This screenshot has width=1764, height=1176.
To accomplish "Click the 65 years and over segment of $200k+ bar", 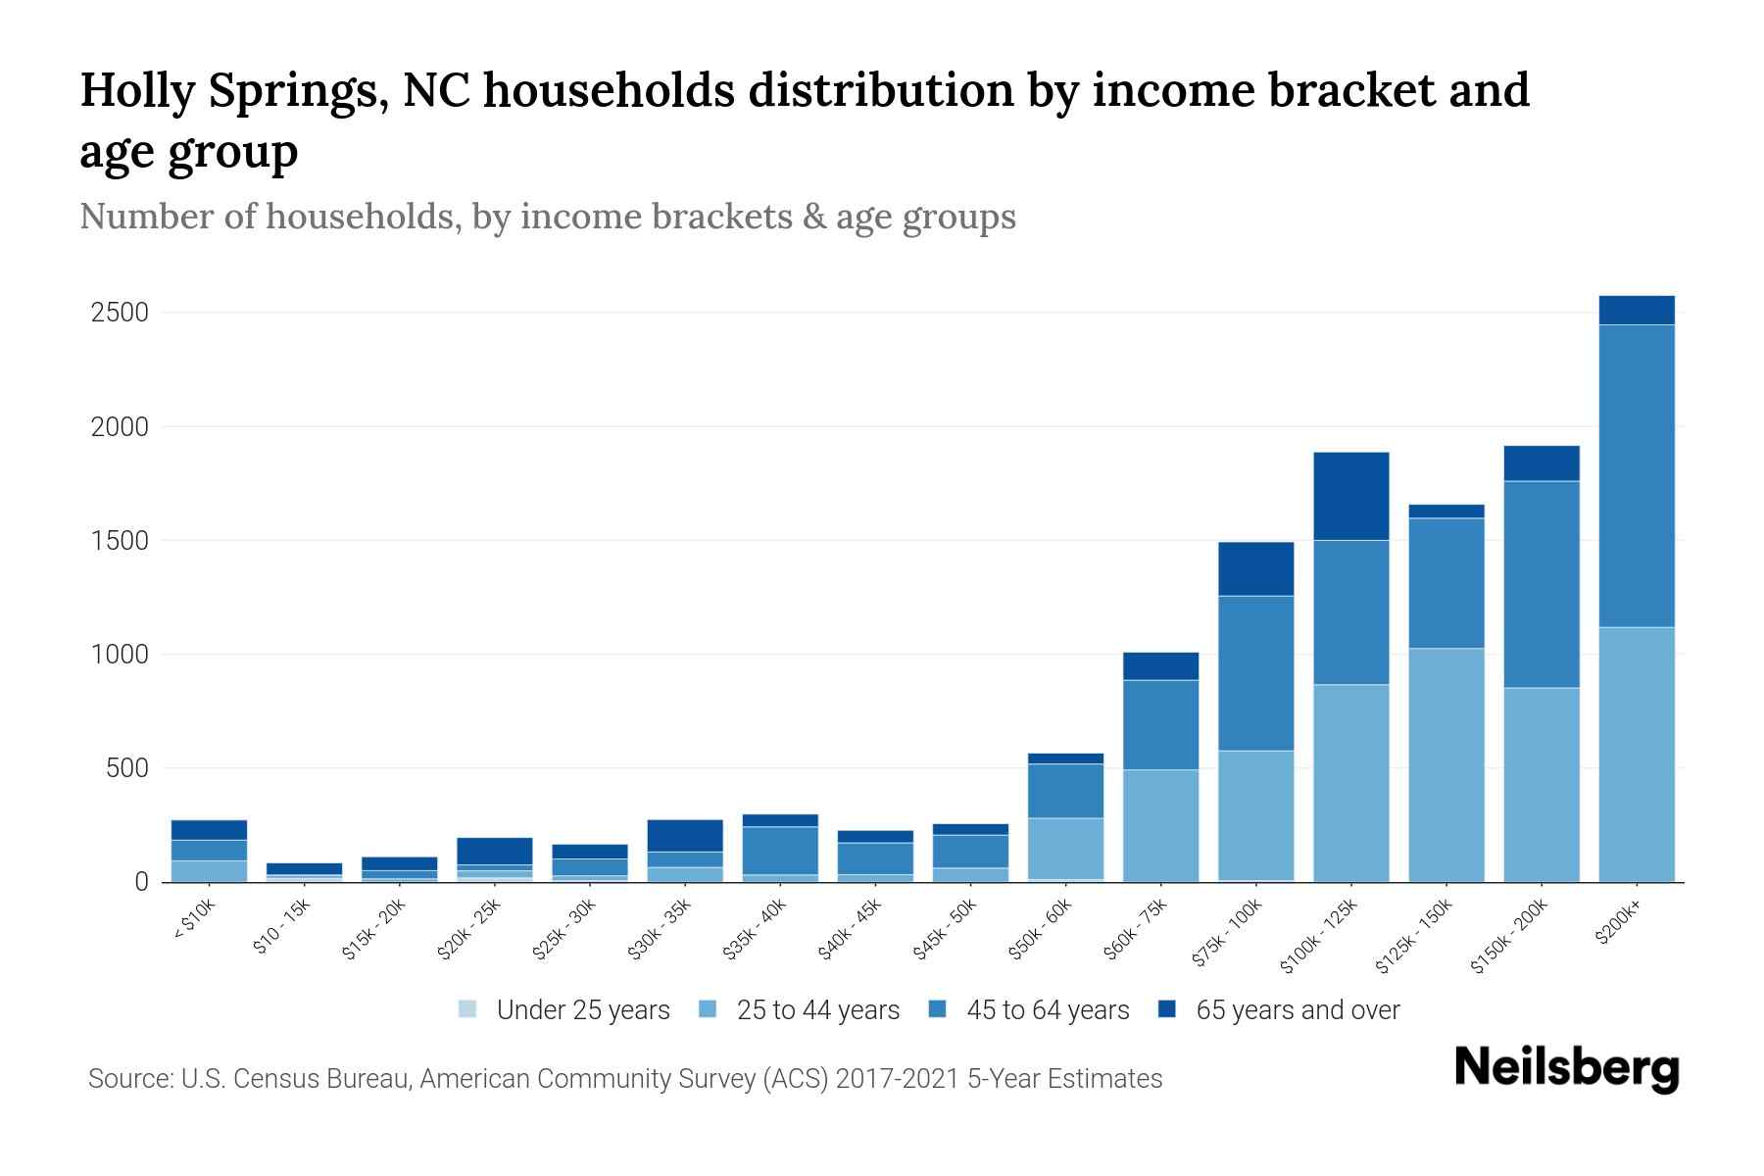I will click(1636, 310).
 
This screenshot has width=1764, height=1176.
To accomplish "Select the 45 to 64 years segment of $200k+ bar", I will click(1636, 475).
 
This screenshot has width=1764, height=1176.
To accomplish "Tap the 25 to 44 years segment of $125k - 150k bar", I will click(1445, 764).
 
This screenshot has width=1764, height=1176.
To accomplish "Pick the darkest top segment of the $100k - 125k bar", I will click(1350, 496).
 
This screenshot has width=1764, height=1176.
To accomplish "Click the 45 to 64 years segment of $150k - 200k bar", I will click(1541, 584).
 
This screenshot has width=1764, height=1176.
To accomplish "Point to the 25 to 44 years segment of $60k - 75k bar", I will click(1160, 825).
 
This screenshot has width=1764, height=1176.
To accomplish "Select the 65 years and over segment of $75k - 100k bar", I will click(1255, 568).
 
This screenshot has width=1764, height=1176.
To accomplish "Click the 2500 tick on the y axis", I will click(120, 313).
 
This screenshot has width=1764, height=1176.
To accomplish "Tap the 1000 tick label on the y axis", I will click(120, 654).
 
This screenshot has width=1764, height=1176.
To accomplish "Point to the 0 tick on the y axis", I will click(141, 882).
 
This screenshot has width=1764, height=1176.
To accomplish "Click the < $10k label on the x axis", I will click(195, 921).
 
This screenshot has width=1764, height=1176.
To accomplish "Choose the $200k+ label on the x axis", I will click(1619, 923).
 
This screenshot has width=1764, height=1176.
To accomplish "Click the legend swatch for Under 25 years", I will click(468, 1009).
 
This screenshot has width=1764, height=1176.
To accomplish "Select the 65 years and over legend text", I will click(1298, 1009).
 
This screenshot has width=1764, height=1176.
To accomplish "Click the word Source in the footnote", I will click(128, 1079).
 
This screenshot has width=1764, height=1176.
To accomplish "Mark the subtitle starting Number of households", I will click(547, 216).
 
